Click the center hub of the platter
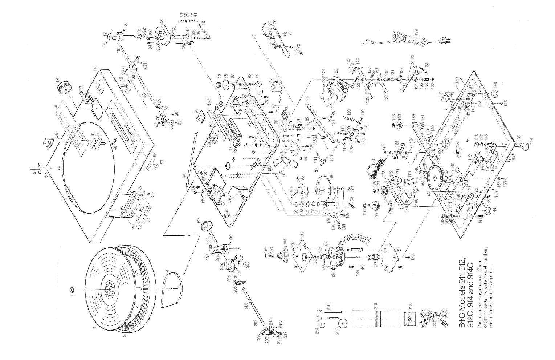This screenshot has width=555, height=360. [x=110, y=289]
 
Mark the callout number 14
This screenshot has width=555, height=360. [x=95, y=68]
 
